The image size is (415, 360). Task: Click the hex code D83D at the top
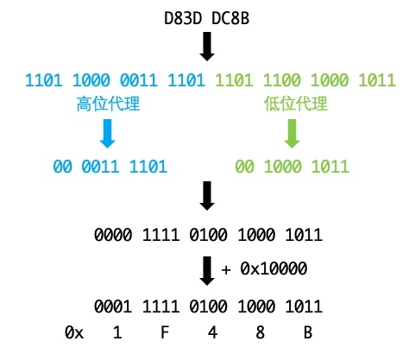coord(182,18)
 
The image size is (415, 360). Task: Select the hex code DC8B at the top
coord(230,18)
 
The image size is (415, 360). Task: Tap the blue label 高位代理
coord(108,104)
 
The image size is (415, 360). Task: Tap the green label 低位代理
coord(296,104)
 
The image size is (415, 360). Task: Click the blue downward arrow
coord(107,134)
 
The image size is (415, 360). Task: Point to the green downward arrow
coord(292,134)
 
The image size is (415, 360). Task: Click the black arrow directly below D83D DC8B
coord(207,47)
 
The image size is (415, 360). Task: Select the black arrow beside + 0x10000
coord(207,271)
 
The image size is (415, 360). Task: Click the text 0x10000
coord(274,268)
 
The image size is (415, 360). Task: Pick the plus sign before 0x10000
coord(226,269)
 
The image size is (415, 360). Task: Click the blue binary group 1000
coord(91,80)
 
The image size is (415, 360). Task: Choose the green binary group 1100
coord(282,80)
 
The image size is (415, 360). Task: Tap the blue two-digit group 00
coord(62,167)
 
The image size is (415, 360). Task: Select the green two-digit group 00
coord(244,167)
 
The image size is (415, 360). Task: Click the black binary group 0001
coord(113,306)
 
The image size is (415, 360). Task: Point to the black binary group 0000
coord(113,235)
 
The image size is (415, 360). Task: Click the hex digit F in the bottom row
coord(165,332)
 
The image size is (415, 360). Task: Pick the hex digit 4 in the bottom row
coord(212,332)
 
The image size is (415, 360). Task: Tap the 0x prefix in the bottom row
coord(74,332)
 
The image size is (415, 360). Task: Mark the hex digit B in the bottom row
coord(308,332)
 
